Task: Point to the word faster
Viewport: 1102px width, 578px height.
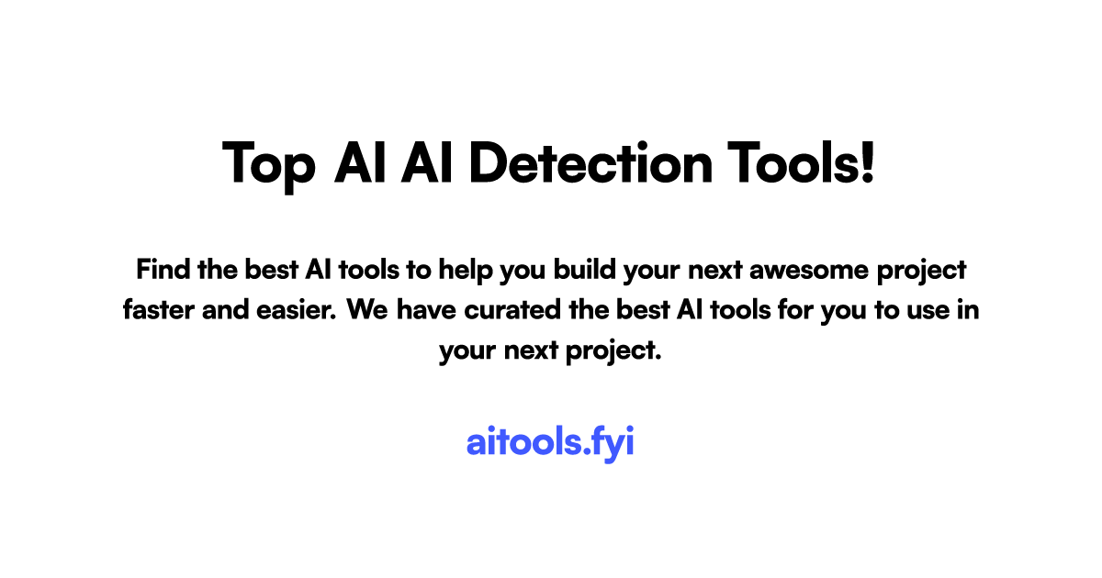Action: (x=156, y=310)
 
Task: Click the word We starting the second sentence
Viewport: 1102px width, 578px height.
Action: (x=370, y=310)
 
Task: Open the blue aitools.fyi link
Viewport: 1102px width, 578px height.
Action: (x=550, y=442)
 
